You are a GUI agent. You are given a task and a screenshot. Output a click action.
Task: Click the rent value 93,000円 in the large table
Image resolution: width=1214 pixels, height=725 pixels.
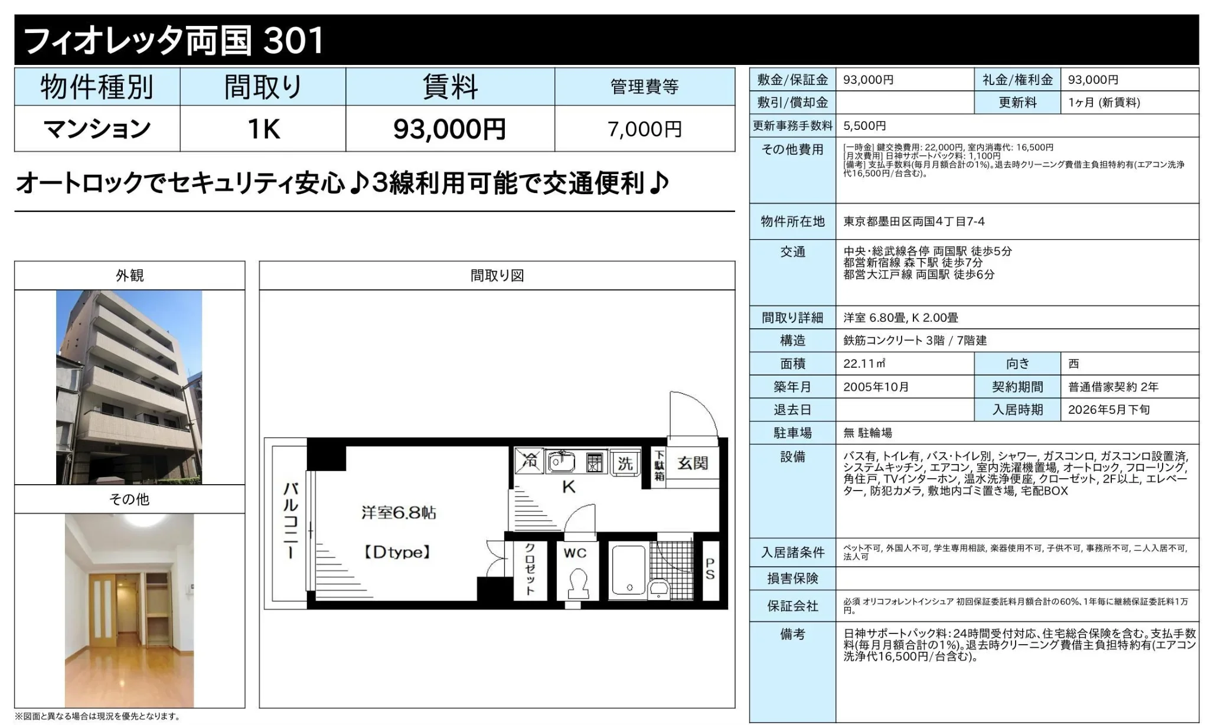(x=449, y=129)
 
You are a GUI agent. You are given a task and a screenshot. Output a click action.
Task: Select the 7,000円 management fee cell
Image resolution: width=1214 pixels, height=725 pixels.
(x=645, y=129)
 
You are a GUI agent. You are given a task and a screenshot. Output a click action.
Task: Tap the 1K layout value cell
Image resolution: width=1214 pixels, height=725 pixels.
(x=263, y=129)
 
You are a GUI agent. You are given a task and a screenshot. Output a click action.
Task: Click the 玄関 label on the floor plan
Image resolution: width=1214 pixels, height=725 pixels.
(x=693, y=463)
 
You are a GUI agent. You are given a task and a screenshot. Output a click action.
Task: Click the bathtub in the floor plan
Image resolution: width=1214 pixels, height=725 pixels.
(x=629, y=570)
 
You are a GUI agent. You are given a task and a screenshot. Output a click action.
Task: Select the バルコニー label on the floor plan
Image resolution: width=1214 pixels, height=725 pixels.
(x=290, y=520)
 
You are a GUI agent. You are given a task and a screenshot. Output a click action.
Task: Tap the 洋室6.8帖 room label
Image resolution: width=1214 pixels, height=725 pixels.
(x=399, y=512)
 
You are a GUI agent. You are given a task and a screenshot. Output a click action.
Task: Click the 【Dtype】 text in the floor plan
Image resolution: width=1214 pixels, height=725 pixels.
(x=397, y=553)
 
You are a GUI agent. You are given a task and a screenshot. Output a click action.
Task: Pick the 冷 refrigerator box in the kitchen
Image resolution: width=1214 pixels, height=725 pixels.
(x=529, y=461)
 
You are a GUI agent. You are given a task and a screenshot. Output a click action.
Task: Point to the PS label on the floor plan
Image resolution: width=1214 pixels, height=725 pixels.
(x=710, y=569)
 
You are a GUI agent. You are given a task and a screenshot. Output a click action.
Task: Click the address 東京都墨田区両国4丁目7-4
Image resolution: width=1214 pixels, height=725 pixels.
(x=913, y=221)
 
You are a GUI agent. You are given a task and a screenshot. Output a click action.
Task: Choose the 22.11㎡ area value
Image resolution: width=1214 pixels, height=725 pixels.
(x=864, y=364)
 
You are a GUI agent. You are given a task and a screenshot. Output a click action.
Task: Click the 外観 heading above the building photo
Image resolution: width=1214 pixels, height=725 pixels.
(x=130, y=276)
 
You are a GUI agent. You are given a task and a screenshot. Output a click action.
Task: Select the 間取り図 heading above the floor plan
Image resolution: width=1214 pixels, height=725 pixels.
(x=497, y=276)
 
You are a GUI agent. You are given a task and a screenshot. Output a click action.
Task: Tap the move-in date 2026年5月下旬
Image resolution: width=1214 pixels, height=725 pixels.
(x=1109, y=410)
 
